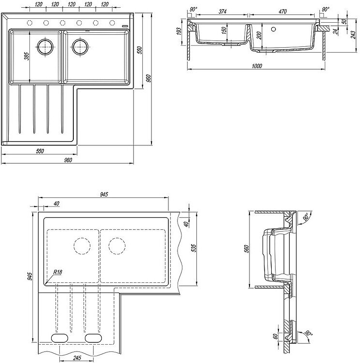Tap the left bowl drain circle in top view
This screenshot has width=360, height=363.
pos(46,47)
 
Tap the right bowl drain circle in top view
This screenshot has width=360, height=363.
pos(80,47)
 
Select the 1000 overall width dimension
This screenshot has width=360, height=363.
pos(256,66)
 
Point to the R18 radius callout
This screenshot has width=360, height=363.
pos(58,272)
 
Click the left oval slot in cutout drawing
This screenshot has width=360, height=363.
pos(60,337)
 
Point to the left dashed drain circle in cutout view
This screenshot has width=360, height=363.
pos(82,246)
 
